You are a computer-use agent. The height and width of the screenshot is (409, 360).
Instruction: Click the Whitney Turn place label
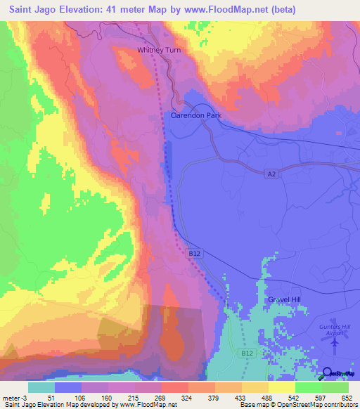(159, 50)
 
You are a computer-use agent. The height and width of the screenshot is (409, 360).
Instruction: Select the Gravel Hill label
(285, 299)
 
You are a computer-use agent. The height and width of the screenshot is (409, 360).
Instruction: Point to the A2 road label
(271, 173)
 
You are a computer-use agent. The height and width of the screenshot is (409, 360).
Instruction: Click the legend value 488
(257, 397)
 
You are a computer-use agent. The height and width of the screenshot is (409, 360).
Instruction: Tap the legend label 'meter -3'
(13, 397)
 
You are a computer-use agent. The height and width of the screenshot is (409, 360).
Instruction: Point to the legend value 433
(229, 397)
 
